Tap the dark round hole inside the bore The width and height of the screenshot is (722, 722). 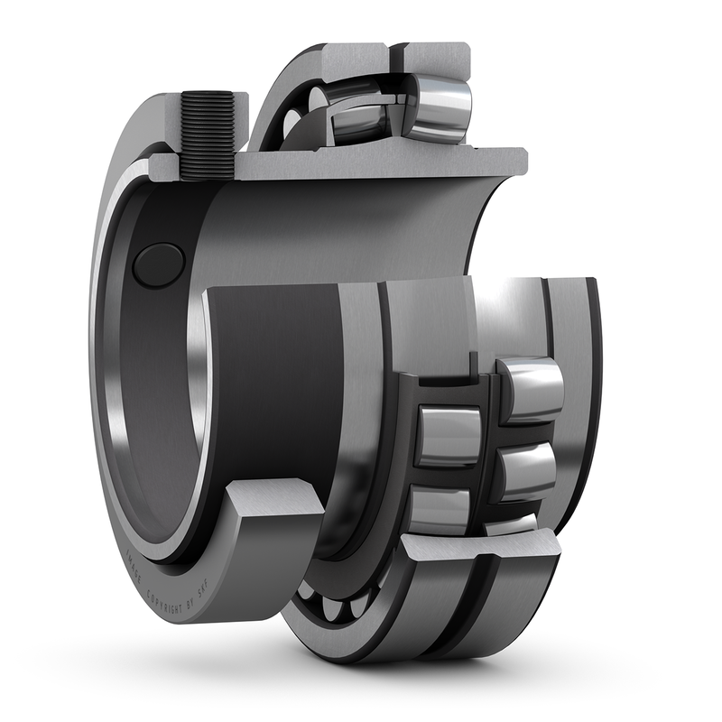158,264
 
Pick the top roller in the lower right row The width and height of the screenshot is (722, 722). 531,388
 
